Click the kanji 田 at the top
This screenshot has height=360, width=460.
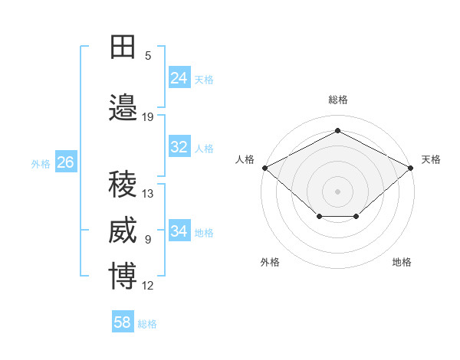pos(123,47)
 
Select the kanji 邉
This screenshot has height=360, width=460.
pos(123,107)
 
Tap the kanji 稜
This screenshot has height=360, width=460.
pos(123,184)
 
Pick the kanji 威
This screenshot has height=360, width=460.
pos(123,231)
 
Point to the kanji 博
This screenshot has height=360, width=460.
pos(123,277)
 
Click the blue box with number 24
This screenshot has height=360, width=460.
pos(179,78)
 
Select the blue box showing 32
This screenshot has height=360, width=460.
pos(179,147)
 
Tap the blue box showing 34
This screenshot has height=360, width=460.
pos(179,231)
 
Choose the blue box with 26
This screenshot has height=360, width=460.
pos(65,162)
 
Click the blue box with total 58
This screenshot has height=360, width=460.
pos(123,322)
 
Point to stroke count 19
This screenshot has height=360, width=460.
pos(148,117)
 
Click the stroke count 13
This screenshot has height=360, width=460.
pos(148,194)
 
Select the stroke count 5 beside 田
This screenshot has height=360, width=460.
pos(148,56)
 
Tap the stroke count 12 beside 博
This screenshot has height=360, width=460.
pos(148,286)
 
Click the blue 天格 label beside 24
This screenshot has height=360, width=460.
pos(204,79)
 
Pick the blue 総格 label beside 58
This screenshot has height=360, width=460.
pos(147,324)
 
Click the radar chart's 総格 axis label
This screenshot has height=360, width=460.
pos(337,100)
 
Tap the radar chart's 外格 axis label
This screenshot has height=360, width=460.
pos(270,262)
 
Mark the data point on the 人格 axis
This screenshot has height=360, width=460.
pos(264,168)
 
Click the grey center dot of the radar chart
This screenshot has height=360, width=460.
pos(337,191)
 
